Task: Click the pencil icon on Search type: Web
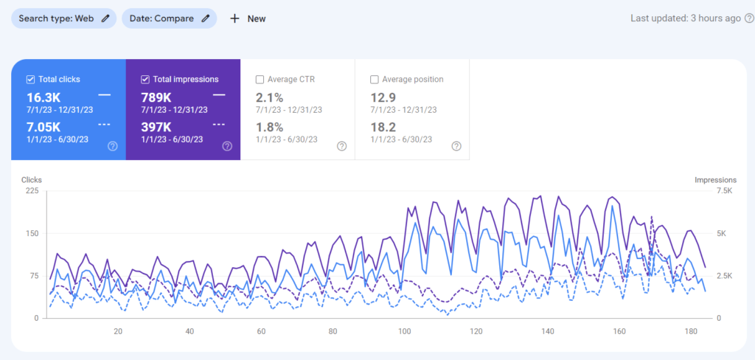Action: coord(106,18)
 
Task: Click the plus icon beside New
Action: coord(234,18)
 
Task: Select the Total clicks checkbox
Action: coord(30,80)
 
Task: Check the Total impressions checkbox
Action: coord(145,80)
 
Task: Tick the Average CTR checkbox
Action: coord(260,80)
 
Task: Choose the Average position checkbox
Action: coord(375,80)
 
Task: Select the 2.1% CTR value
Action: coord(270,97)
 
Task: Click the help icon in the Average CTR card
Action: coord(342,146)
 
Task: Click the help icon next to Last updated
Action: coord(749,18)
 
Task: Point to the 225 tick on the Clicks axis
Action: coord(32,191)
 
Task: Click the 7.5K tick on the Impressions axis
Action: coord(723,191)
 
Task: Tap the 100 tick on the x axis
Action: coord(405,331)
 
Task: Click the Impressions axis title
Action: coord(715,179)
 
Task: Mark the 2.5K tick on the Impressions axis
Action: coord(723,276)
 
